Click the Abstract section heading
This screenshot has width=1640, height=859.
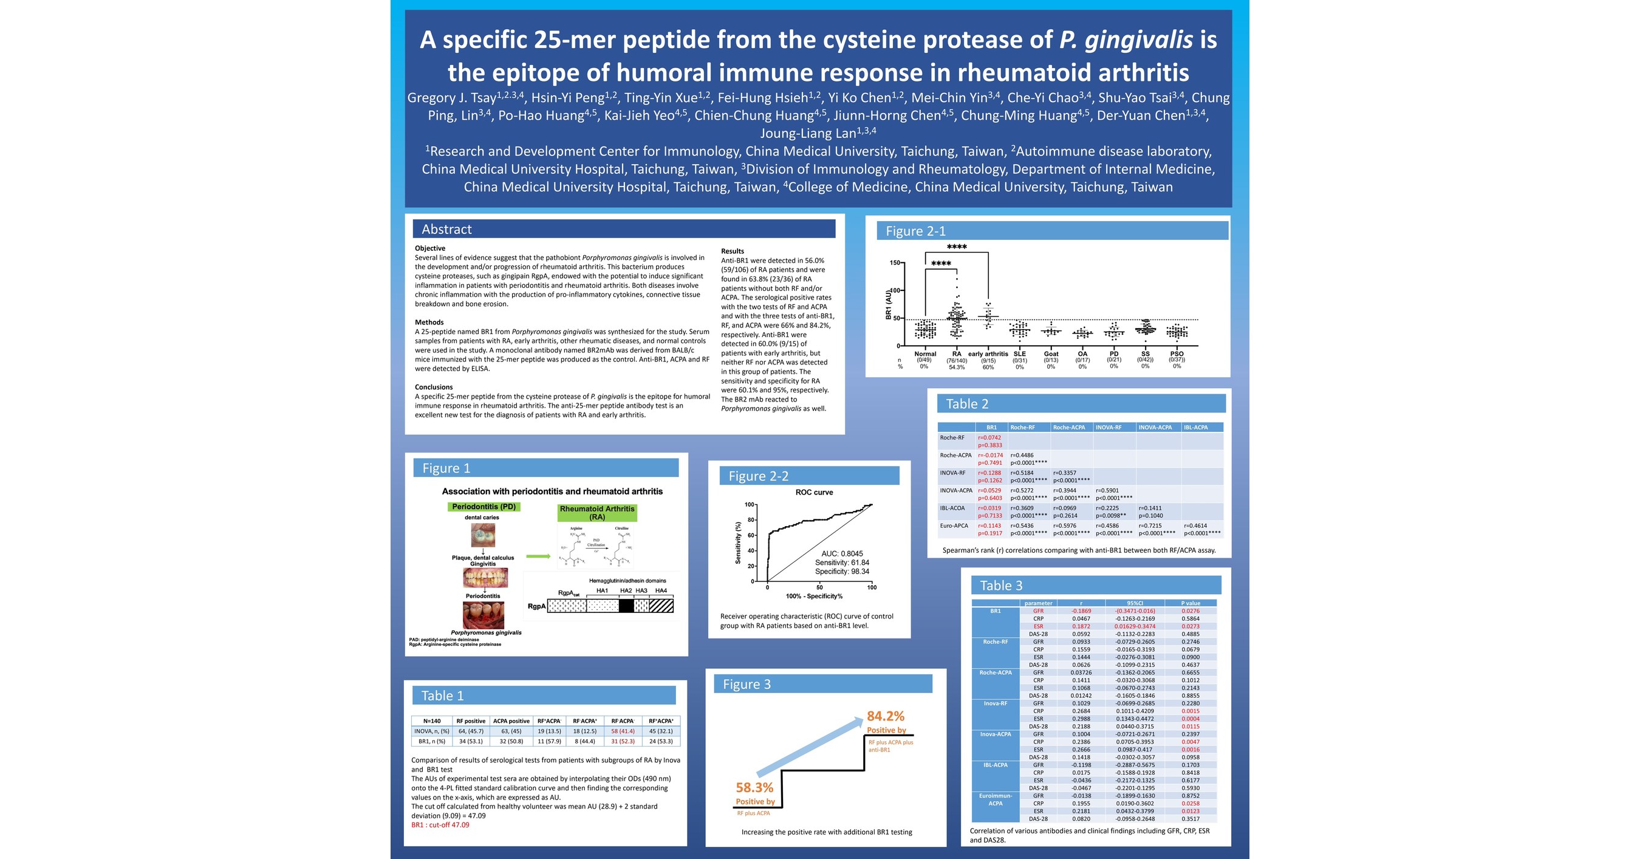[x=446, y=229]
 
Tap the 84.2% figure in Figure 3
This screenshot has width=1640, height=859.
[x=885, y=716]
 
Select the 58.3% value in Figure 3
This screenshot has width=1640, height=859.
[x=754, y=788]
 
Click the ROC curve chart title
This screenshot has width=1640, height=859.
[x=814, y=492]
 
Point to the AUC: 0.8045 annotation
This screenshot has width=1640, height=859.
[x=842, y=553]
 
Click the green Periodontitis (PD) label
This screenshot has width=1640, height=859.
[x=484, y=507]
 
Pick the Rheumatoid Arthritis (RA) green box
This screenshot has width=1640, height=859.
[x=596, y=513]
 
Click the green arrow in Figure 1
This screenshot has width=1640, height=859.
[x=538, y=556]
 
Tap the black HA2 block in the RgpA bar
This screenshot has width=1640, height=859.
[x=626, y=606]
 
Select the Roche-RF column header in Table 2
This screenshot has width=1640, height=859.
[x=1022, y=427]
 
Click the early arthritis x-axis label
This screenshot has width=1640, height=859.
[x=988, y=354]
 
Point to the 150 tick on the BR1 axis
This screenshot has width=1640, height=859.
[x=895, y=262]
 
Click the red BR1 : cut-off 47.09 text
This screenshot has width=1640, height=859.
[x=440, y=824]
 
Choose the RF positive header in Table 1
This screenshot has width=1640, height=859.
[x=471, y=721]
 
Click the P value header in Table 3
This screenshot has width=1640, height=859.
[x=1190, y=603]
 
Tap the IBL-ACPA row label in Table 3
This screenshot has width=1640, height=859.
[x=995, y=765]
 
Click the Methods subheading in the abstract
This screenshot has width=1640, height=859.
[x=429, y=322]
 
